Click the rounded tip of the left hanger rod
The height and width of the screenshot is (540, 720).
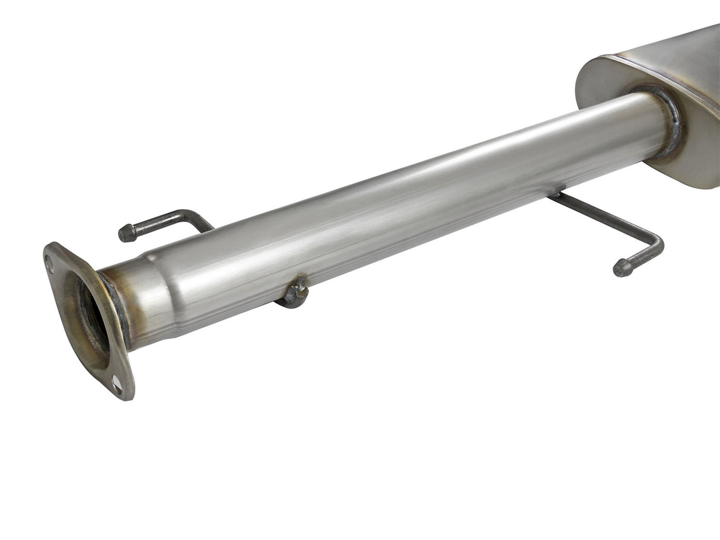pyautogui.click(x=127, y=233)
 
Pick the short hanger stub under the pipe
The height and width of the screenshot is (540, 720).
pyautogui.click(x=295, y=293)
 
